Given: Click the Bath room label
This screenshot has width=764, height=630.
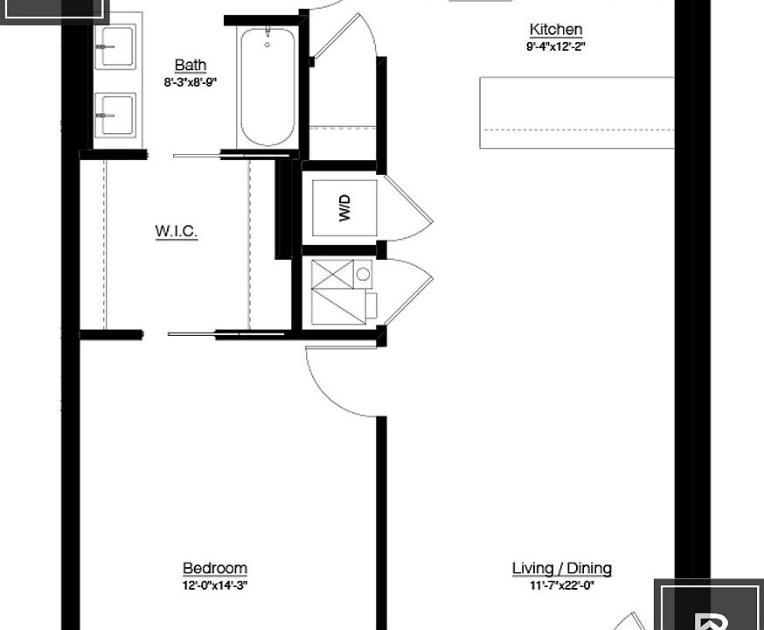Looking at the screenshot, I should tap(191, 66).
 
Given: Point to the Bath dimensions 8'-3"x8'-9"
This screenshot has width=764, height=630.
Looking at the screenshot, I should tap(190, 82).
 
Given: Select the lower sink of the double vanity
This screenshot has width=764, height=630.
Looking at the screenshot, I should tap(115, 114).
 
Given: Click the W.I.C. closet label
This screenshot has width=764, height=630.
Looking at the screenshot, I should tap(177, 232).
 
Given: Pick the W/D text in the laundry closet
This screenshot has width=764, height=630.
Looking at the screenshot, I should tap(344, 208).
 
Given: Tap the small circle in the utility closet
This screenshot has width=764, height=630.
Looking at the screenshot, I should tap(364, 274).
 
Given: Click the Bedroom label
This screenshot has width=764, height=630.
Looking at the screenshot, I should tap(214, 569).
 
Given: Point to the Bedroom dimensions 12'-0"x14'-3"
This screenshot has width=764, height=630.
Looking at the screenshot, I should tap(214, 585).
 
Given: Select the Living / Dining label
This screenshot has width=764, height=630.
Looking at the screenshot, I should tap(561, 569).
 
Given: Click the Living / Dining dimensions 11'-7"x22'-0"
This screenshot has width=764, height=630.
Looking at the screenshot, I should tap(561, 585).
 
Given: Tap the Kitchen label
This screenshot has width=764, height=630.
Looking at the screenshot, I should tap(555, 30).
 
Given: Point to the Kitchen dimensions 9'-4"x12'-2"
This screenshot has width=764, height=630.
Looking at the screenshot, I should tap(555, 46).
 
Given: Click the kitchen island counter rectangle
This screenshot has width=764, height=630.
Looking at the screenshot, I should tap(577, 112).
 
